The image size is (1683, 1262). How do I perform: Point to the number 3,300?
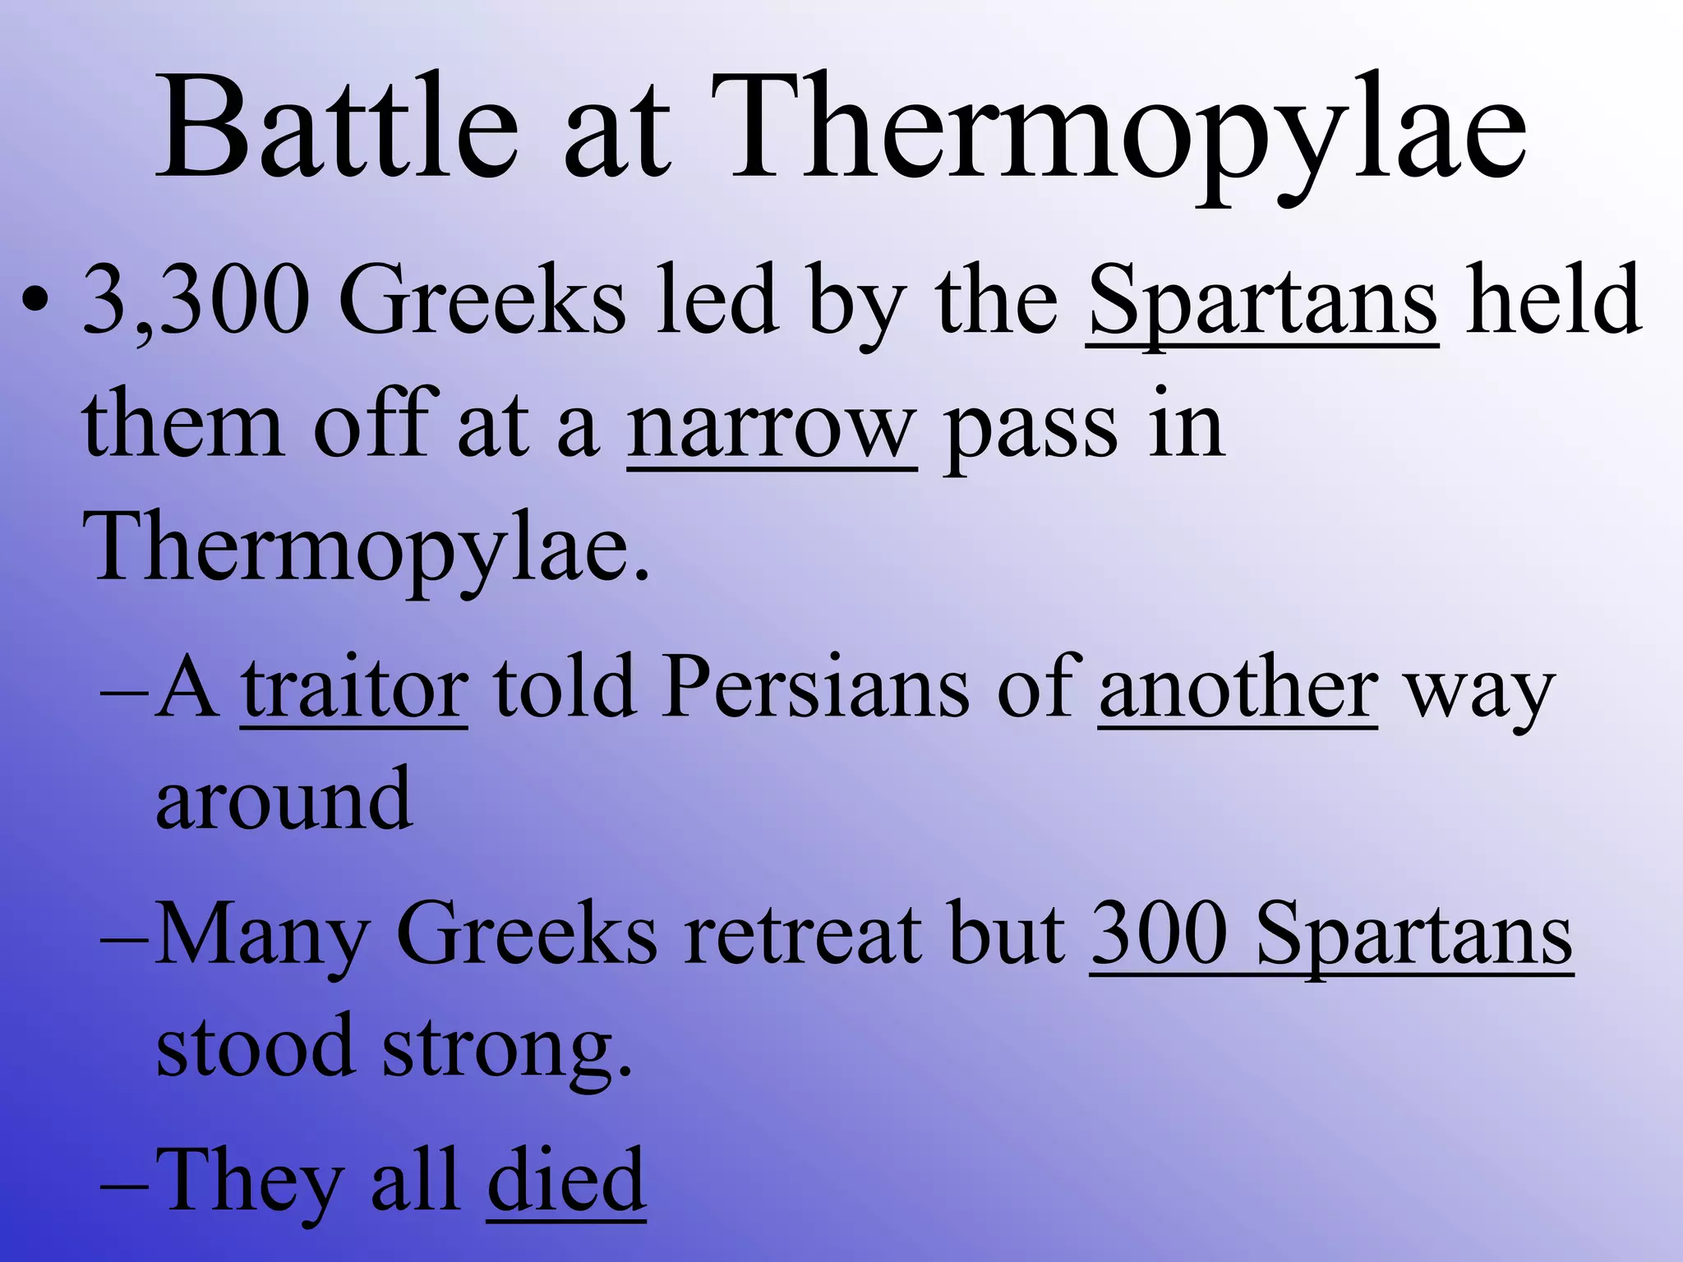(x=196, y=300)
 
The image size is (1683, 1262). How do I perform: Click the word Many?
(x=262, y=937)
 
